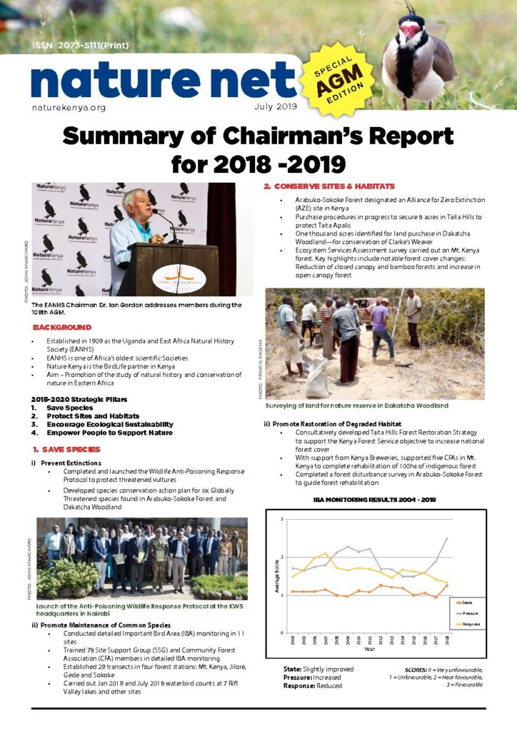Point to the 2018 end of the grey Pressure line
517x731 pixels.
click(x=447, y=538)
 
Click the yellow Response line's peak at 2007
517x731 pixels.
click(x=326, y=553)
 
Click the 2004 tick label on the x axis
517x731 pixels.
click(x=293, y=641)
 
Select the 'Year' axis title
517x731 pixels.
click(x=369, y=650)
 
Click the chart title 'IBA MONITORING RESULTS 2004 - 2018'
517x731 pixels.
click(x=374, y=500)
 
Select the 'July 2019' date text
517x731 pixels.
click(x=275, y=107)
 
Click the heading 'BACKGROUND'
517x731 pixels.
click(x=62, y=327)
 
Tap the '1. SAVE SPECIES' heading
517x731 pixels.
click(x=66, y=450)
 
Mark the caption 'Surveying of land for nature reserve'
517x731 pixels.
click(x=356, y=405)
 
